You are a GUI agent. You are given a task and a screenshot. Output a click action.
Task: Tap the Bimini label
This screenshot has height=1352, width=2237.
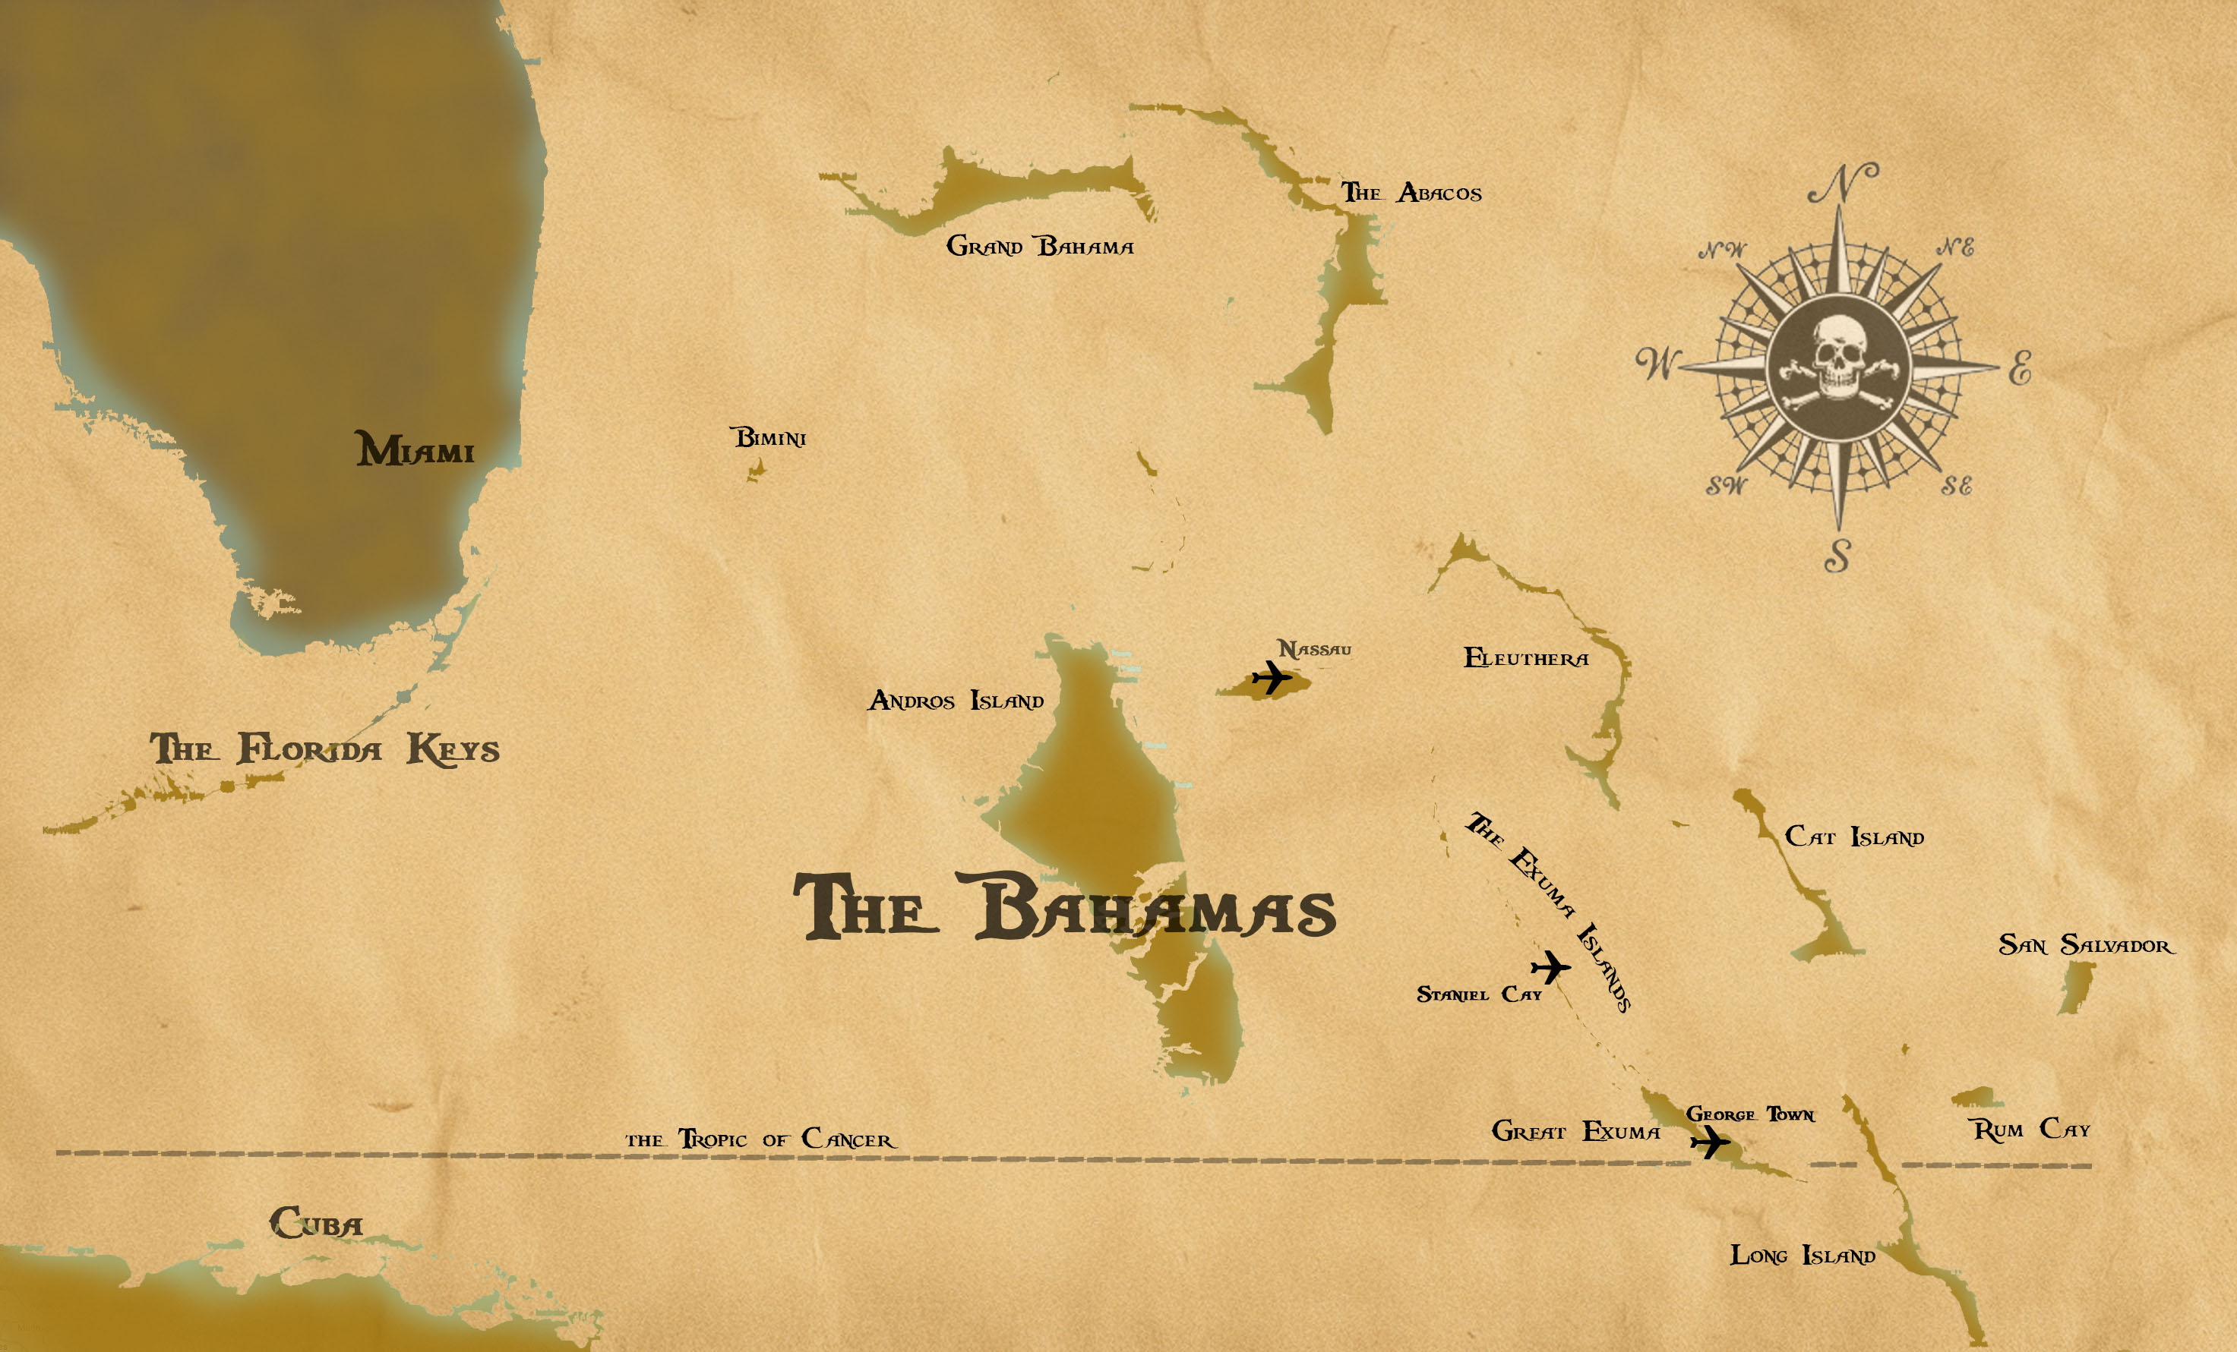pyautogui.click(x=770, y=438)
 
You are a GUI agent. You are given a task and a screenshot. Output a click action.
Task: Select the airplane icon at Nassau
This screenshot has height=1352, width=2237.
pyautogui.click(x=1271, y=677)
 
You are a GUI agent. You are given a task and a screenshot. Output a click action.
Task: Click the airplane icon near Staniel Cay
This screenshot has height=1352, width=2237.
pyautogui.click(x=1550, y=966)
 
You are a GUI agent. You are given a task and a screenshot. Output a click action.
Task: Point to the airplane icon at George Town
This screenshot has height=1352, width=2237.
pyautogui.click(x=1710, y=1142)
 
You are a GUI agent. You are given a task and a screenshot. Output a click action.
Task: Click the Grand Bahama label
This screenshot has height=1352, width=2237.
pyautogui.click(x=1040, y=246)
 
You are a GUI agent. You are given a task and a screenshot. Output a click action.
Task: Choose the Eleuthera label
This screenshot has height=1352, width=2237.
pyautogui.click(x=1526, y=659)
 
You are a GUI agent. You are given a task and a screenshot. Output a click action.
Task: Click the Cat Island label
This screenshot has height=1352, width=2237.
pyautogui.click(x=1854, y=837)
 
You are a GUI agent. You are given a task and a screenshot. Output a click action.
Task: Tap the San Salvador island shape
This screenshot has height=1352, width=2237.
pyautogui.click(x=2075, y=986)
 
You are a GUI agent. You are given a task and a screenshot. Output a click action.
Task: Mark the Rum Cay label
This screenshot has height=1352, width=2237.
pyautogui.click(x=2032, y=1130)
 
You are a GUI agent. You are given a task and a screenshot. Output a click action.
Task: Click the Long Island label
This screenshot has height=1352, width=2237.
pyautogui.click(x=1802, y=1256)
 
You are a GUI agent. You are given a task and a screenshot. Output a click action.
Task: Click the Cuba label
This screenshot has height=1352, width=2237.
pyautogui.click(x=316, y=1223)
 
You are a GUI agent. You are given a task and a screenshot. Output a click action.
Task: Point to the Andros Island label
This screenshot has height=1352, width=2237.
pyautogui.click(x=956, y=701)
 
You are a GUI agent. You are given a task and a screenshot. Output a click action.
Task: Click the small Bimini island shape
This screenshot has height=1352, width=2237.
pyautogui.click(x=755, y=470)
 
